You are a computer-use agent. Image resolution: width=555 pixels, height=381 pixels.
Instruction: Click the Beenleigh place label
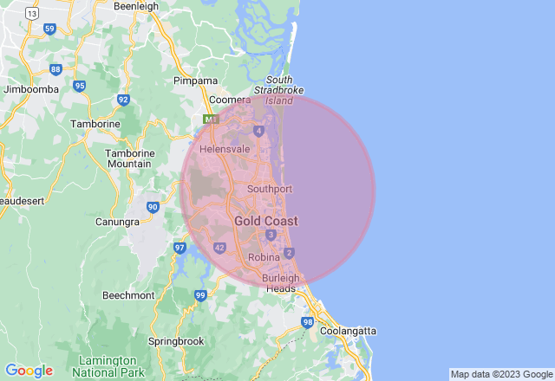(136, 6)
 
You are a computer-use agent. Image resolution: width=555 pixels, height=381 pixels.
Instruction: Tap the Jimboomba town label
(31, 89)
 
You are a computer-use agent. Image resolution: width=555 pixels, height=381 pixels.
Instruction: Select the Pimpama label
(196, 81)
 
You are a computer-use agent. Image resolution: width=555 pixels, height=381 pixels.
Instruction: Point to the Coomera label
(230, 99)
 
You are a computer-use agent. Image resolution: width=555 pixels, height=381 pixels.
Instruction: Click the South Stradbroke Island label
(278, 90)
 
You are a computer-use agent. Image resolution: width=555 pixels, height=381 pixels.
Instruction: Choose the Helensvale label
(225, 149)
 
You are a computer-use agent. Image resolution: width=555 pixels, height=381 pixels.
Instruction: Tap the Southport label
(269, 189)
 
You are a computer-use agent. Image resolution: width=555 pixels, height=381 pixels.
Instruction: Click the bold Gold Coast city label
(265, 222)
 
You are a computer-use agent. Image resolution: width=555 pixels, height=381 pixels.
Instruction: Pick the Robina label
(263, 258)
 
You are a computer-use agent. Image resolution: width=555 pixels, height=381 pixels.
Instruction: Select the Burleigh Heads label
(279, 283)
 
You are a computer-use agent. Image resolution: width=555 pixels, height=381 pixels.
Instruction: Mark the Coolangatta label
(348, 331)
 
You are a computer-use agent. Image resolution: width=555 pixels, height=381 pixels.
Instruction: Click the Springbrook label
(176, 341)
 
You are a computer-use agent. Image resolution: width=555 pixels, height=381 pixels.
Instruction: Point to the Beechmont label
(128, 295)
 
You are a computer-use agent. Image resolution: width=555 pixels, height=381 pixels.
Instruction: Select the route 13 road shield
(32, 14)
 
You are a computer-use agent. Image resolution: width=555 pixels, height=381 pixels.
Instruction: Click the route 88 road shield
(55, 69)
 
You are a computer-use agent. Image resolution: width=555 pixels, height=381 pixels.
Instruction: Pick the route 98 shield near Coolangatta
(308, 322)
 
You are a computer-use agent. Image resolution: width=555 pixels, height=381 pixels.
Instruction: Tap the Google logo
(29, 370)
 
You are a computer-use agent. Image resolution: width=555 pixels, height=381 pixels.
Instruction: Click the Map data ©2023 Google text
(500, 374)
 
